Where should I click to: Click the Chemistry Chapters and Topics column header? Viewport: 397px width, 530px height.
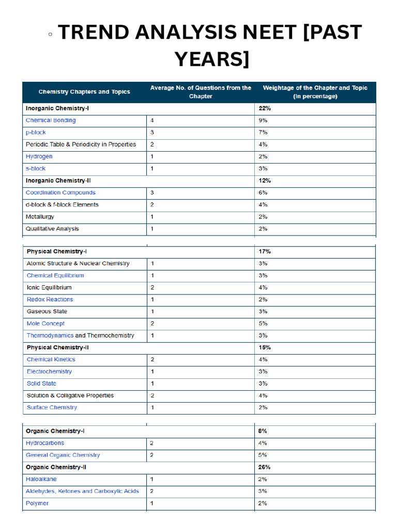[84, 92]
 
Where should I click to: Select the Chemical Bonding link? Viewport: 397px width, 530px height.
[51, 121]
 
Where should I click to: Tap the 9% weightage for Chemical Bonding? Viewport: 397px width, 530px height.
[263, 121]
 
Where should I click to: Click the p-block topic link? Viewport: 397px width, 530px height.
[36, 132]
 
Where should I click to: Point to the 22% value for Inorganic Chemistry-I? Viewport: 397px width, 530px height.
[264, 109]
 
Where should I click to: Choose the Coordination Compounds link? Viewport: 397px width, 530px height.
[60, 193]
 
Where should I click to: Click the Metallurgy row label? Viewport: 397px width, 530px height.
[40, 217]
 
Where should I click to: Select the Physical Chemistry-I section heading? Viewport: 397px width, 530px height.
[56, 252]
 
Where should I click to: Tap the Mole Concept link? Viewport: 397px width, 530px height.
[45, 323]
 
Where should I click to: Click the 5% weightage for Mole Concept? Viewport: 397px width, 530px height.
[263, 323]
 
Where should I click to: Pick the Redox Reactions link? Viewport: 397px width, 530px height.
[50, 300]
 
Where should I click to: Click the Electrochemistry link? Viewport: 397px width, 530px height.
[49, 372]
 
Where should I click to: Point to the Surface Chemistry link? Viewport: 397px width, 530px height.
[52, 407]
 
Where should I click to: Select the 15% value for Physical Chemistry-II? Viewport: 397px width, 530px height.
[264, 347]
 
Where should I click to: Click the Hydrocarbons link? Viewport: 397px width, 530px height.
[45, 443]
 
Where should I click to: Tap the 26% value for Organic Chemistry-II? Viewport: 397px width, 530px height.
[264, 467]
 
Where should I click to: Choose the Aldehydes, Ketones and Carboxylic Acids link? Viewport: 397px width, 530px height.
[82, 491]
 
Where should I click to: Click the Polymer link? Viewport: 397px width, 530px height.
[37, 503]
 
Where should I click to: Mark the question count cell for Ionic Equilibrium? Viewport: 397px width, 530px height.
[152, 288]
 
